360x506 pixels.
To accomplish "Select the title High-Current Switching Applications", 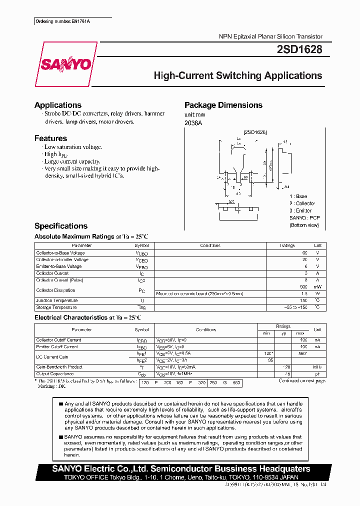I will coord(237,75).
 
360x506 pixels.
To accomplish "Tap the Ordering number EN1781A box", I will coord(65,21).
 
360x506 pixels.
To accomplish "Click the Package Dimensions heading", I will coord(223,105).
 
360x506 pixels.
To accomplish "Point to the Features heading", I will coord(50,138).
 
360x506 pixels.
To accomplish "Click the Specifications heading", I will coord(60,226).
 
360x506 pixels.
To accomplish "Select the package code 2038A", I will coord(193,122).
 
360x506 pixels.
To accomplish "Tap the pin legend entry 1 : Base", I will coord(298,196).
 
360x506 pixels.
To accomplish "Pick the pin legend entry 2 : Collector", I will coord(302,203).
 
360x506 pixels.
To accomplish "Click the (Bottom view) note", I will coord(304,225).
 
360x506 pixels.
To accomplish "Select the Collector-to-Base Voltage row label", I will coord(60,253).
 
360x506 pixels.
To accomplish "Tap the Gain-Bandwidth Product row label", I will coord(59,366).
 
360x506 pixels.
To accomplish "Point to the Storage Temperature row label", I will coord(56,307).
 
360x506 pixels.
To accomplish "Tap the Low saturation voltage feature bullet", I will coord(73,147).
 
